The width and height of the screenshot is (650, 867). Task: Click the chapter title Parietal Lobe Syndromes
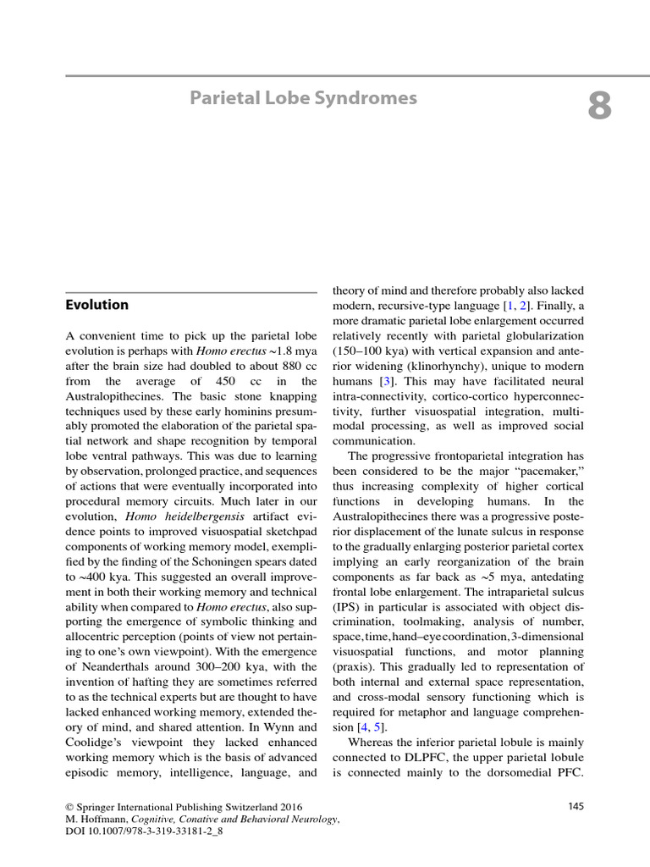click(x=303, y=98)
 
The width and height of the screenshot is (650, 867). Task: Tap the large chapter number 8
click(x=599, y=108)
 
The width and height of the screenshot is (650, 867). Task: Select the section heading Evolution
click(x=97, y=305)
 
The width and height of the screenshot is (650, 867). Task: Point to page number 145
click(x=576, y=806)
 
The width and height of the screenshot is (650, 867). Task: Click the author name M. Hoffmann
click(x=96, y=820)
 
